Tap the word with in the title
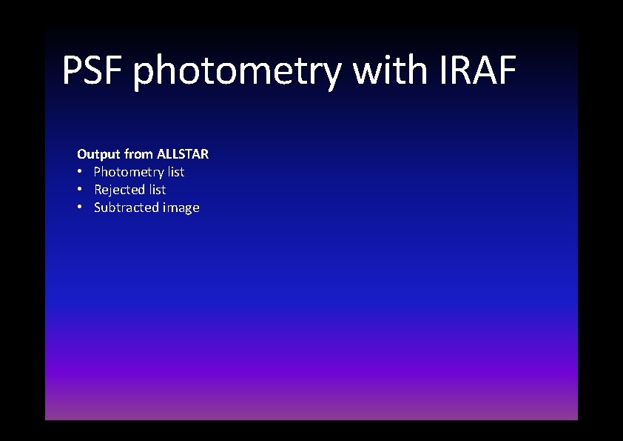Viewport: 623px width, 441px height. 388,70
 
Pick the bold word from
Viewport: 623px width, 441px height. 138,154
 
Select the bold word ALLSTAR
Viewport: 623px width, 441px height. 183,154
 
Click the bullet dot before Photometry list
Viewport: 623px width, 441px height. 81,172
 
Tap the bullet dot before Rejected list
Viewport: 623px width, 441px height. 81,190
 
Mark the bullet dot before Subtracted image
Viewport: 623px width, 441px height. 81,208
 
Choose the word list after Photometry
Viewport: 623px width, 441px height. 176,172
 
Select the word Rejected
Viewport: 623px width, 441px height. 119,190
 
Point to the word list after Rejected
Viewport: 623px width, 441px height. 157,190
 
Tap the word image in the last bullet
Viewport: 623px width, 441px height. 180,208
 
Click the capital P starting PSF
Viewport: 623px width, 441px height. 71,70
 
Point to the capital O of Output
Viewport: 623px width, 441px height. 82,154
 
